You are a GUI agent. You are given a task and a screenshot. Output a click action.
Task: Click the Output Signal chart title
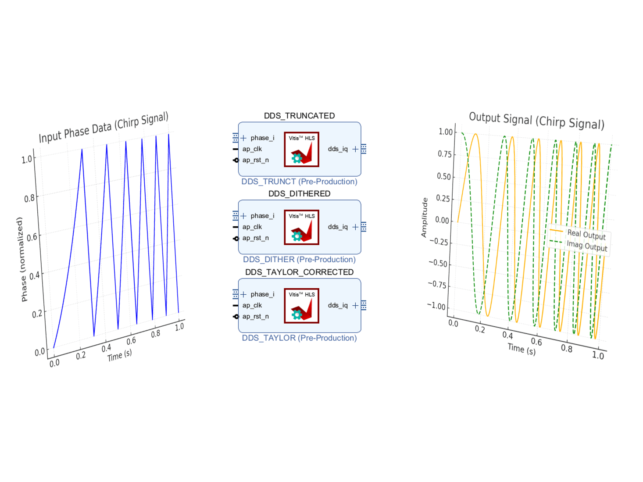[536, 120]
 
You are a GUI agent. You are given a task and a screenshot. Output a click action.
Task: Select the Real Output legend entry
[586, 235]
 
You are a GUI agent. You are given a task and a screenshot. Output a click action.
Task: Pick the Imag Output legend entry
[586, 246]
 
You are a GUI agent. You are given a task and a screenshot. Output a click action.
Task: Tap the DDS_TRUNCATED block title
[299, 116]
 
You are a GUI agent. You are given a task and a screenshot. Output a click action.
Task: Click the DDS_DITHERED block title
[299, 194]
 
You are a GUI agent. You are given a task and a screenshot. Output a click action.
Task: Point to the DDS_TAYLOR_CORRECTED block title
[299, 272]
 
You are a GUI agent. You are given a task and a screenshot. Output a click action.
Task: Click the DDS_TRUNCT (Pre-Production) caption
[299, 182]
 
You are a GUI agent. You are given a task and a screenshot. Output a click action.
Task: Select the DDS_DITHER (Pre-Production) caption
[299, 260]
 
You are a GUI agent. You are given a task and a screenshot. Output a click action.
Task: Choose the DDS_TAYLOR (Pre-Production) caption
[299, 338]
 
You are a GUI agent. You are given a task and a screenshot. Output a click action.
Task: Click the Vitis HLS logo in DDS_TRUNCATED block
[301, 150]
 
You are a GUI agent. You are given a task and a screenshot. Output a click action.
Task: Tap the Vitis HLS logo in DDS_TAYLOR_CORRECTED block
[301, 306]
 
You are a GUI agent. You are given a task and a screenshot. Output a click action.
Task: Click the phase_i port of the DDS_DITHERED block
[262, 216]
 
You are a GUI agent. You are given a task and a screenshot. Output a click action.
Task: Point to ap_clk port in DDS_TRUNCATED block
[252, 149]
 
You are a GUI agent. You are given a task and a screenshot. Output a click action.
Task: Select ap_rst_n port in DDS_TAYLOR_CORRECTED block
[255, 317]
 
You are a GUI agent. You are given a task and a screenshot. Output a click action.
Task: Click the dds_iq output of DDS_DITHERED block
[338, 227]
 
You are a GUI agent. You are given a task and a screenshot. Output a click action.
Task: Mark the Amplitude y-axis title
[424, 218]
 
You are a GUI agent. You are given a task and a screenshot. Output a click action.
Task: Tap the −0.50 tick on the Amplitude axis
[438, 263]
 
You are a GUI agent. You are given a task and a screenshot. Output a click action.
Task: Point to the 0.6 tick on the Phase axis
[32, 237]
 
